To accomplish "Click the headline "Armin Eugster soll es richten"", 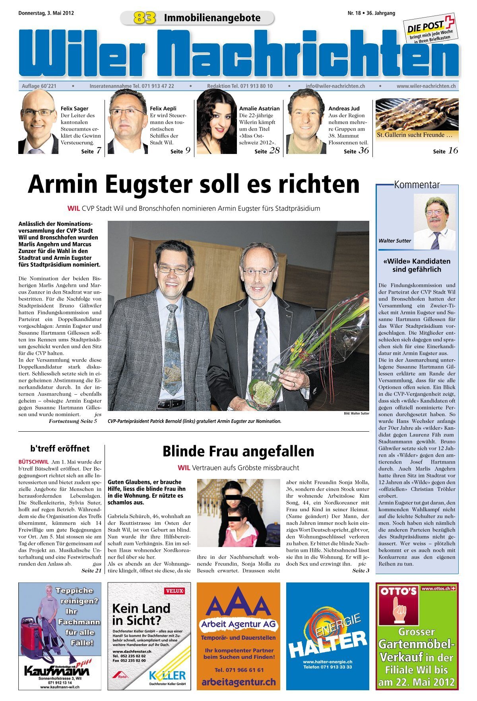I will pos(194,184).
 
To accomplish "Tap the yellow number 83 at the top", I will pos(144,18).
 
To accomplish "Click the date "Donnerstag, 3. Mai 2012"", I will pos(46,13).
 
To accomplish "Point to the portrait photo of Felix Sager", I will pos(38,122).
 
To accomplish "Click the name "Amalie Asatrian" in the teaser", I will pos(259,108).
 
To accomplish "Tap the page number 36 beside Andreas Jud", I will pos(363,150).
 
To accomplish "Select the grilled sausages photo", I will pos(417,115).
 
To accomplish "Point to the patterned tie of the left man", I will pos(172,350).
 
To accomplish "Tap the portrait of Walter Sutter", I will pos(434,222).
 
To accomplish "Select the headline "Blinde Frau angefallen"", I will pos(238,452).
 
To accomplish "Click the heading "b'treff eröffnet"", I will pos(60,449).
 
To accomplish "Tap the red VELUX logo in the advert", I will pos(174,591).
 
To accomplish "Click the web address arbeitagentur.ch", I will pos(238,682).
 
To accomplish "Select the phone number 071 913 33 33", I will pos(328,667).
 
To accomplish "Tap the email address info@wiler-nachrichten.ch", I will pos(335,86).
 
